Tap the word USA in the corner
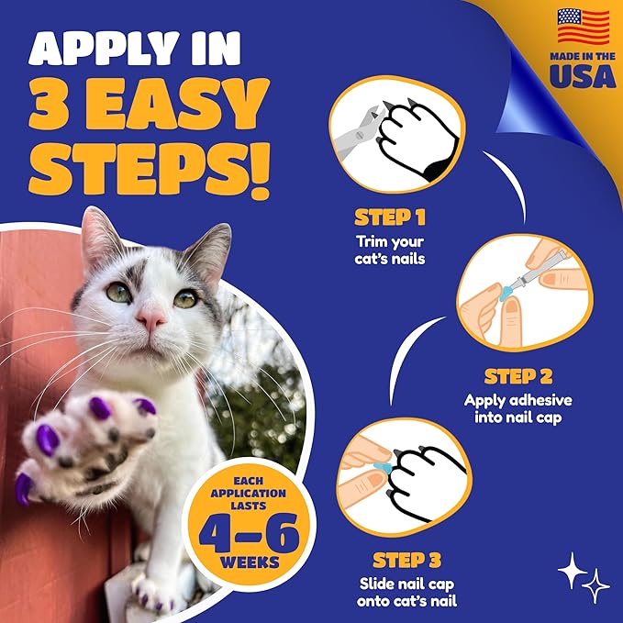point(584,77)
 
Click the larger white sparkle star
point(571,570)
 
